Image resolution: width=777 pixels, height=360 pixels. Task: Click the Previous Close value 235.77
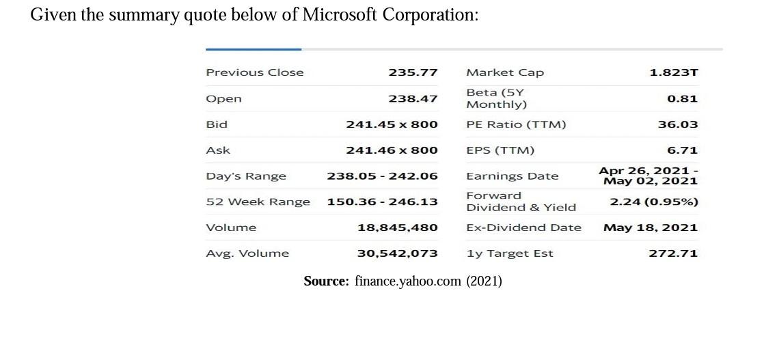point(413,72)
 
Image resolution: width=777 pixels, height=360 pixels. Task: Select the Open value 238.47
point(413,98)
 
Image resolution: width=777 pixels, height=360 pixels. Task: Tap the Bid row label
point(217,124)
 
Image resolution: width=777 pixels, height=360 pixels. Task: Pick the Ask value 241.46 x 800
point(392,150)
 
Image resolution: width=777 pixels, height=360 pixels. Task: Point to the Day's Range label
point(246,176)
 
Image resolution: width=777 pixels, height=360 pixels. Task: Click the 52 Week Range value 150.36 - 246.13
point(382,202)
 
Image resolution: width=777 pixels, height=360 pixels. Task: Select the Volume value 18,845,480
point(398,227)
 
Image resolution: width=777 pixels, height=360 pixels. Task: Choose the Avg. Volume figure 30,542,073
point(398,253)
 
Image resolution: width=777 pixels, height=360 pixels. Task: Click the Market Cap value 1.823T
point(673,72)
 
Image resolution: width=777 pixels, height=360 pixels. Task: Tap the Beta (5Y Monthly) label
point(496,98)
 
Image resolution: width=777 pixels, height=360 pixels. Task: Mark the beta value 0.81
point(682,98)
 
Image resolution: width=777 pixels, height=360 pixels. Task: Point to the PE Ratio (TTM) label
point(516,124)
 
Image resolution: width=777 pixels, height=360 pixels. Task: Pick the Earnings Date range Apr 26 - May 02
point(649,176)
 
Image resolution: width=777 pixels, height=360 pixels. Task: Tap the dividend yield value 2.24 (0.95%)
point(653,202)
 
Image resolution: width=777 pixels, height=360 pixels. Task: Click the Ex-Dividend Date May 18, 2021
point(650,227)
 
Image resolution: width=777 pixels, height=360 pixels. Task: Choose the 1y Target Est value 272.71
point(673,253)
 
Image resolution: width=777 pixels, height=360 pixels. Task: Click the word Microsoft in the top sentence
point(339,15)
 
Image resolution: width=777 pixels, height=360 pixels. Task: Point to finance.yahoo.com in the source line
point(408,281)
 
